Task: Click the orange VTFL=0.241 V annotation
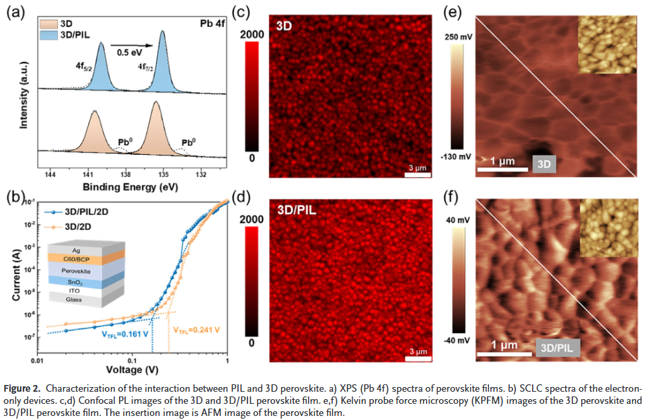pos(196,330)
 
